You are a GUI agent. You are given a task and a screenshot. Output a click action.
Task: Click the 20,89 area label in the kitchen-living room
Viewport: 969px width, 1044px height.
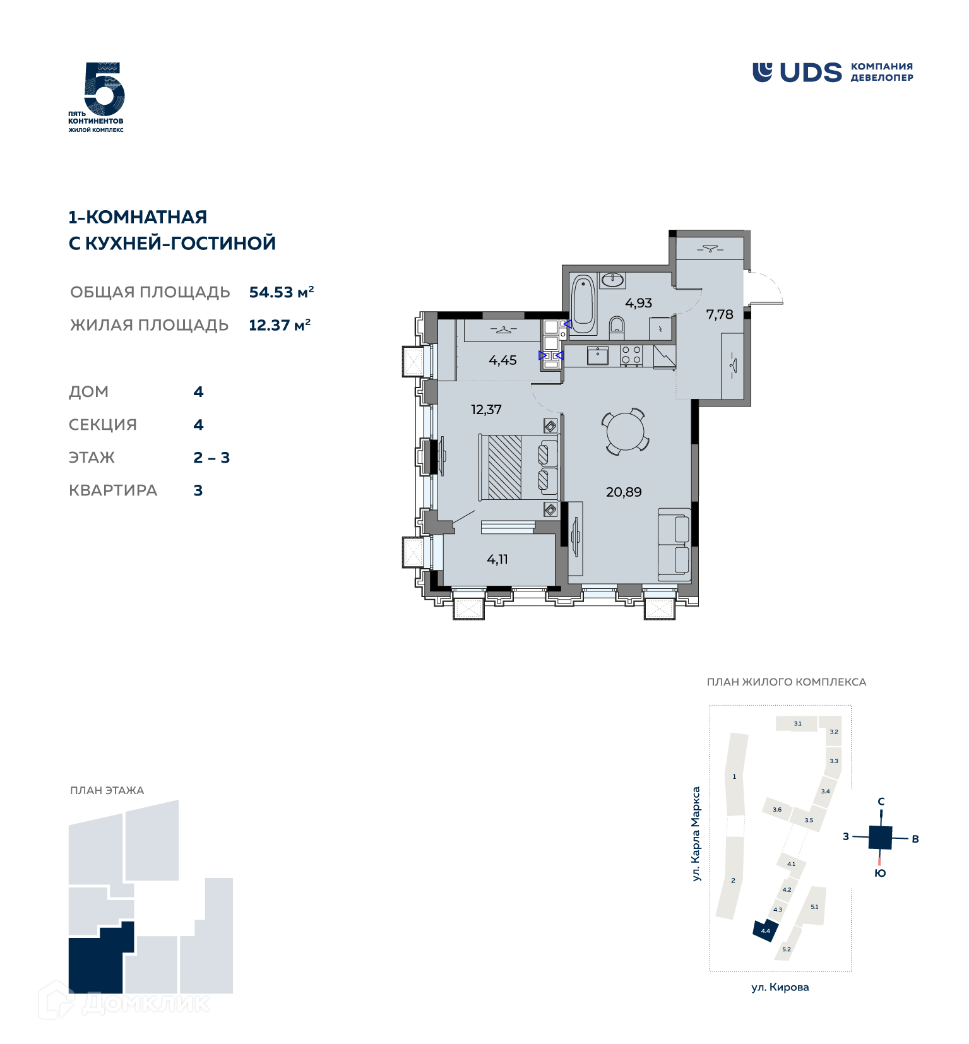click(x=624, y=492)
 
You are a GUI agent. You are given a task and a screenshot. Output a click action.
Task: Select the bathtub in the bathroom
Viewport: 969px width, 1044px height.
click(x=583, y=304)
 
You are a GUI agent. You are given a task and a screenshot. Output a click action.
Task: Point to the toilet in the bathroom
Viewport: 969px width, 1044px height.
click(x=617, y=327)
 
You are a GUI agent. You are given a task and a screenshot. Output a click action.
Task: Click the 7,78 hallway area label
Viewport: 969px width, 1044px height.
click(x=720, y=314)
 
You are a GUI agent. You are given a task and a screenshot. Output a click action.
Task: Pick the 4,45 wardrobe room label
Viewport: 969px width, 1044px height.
click(x=502, y=360)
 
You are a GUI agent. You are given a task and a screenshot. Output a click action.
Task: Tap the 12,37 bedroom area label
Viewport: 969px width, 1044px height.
click(x=486, y=410)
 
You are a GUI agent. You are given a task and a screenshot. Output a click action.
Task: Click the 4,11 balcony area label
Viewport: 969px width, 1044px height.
click(x=497, y=559)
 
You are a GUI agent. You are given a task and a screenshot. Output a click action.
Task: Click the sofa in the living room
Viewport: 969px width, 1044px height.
click(x=674, y=545)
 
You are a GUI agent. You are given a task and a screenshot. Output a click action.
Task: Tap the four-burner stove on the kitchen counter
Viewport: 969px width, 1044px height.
click(x=631, y=355)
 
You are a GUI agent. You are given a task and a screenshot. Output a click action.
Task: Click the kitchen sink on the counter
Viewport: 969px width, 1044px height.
click(x=597, y=355)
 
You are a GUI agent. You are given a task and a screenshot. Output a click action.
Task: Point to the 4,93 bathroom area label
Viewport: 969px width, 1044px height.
click(x=638, y=303)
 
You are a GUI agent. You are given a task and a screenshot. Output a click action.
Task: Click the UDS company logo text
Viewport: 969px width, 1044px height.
click(x=811, y=73)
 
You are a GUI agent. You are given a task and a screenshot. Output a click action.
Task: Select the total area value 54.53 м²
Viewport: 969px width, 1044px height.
click(x=282, y=292)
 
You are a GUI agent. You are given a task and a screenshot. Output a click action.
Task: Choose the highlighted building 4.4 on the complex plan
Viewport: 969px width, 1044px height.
click(x=764, y=931)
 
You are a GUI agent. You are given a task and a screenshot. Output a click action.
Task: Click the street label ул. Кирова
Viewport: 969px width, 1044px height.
click(x=780, y=987)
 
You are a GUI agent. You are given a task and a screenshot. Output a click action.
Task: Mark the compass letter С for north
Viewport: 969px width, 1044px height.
click(x=881, y=802)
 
